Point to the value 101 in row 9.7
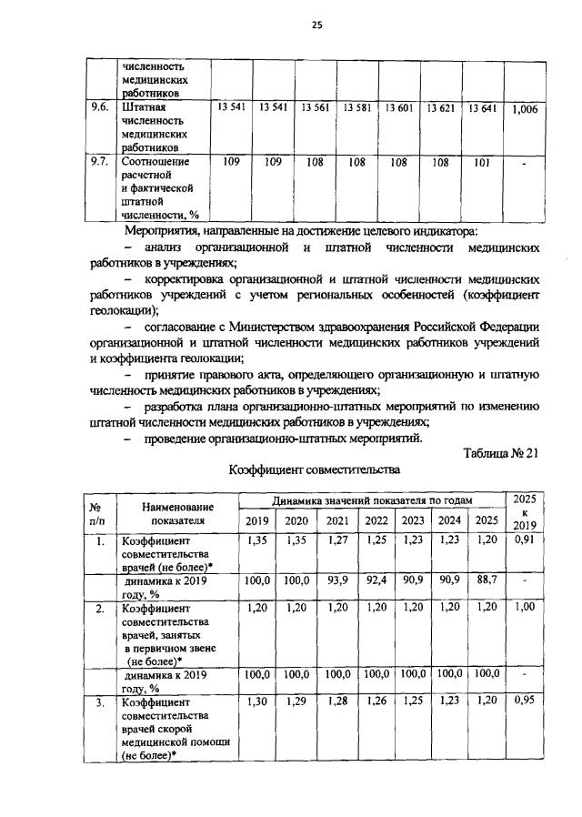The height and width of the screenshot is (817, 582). click(x=481, y=162)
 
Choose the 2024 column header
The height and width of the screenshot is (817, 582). click(x=450, y=520)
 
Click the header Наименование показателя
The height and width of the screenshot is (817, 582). click(x=178, y=512)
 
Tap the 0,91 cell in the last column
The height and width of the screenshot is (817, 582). click(x=525, y=540)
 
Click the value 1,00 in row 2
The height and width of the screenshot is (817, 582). click(x=525, y=607)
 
